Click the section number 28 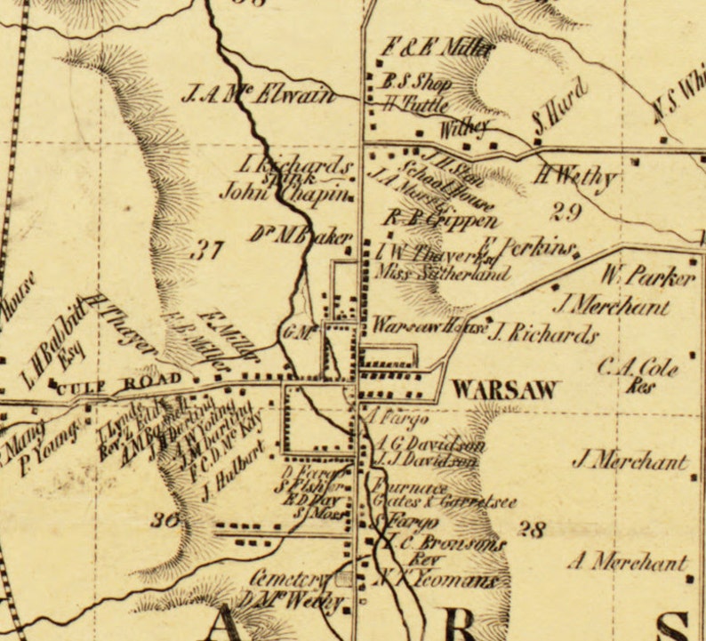click(x=531, y=530)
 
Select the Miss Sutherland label click(x=443, y=274)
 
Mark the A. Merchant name click(x=629, y=562)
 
